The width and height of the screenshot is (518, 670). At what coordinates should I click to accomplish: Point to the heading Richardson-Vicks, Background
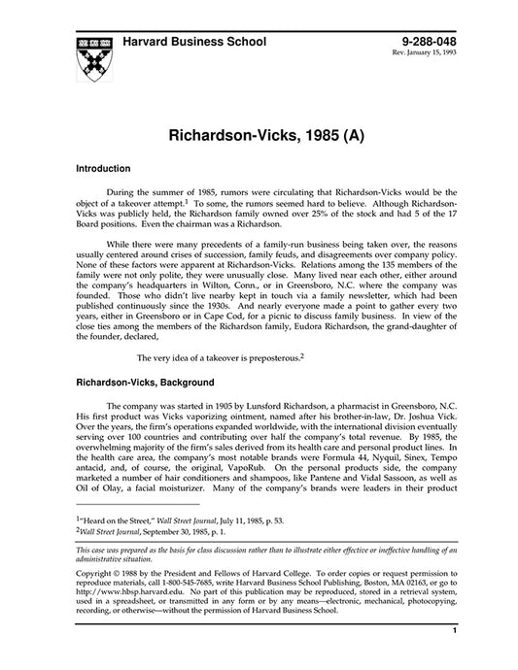click(x=152, y=383)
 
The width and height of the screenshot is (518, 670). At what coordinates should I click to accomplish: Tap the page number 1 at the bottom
click(x=454, y=658)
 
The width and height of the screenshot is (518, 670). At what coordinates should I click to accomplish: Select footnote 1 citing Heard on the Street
click(x=179, y=521)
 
